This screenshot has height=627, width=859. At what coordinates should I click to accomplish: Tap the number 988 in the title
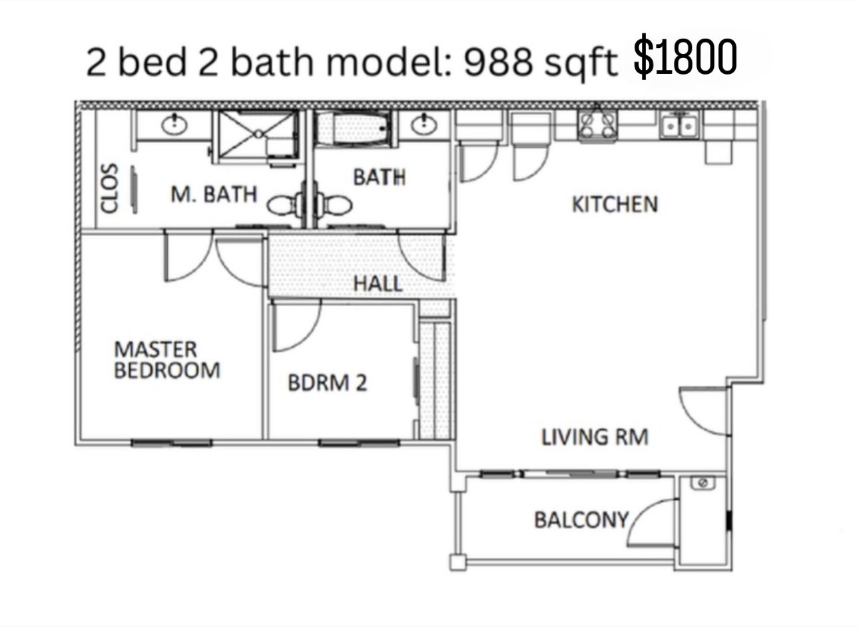click(x=498, y=61)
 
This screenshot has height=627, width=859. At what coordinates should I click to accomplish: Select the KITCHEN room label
click(x=615, y=204)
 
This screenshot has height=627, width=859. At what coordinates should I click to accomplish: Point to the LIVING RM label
click(x=595, y=437)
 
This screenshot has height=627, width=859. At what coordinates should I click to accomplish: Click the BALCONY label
click(x=581, y=521)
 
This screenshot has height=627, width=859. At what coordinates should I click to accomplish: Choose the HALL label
click(x=378, y=284)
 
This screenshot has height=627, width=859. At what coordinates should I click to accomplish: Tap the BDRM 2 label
click(x=327, y=383)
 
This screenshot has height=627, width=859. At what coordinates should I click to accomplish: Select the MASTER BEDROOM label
click(x=167, y=360)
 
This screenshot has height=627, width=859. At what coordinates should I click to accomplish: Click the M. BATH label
click(x=214, y=194)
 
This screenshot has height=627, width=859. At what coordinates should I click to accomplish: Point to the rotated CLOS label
click(x=109, y=188)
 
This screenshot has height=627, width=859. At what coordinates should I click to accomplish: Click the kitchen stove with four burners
click(x=597, y=124)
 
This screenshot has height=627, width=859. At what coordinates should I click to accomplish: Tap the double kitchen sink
click(x=679, y=125)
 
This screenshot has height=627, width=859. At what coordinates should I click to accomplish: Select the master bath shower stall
click(x=258, y=134)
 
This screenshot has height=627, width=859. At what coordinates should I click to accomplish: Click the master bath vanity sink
click(x=174, y=124)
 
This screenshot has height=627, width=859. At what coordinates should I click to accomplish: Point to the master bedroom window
click(x=171, y=443)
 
